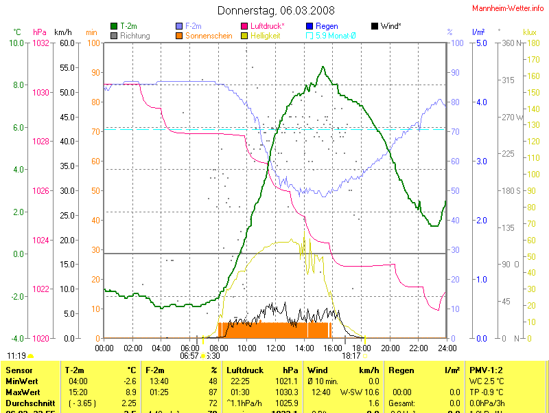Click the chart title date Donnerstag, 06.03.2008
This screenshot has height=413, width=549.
tap(276, 10)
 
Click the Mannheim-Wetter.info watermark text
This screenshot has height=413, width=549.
tap(509, 8)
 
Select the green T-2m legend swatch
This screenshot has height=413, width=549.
tap(114, 26)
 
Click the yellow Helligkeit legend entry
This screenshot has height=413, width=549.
tap(268, 35)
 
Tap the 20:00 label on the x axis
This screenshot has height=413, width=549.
tap(390, 348)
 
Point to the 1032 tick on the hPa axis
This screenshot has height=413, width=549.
tap(40, 43)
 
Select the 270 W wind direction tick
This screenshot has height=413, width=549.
tap(511, 117)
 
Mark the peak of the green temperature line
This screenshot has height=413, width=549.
tap(323, 67)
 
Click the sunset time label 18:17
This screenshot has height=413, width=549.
tap(351, 356)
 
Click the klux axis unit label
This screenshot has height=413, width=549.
tap(529, 32)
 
